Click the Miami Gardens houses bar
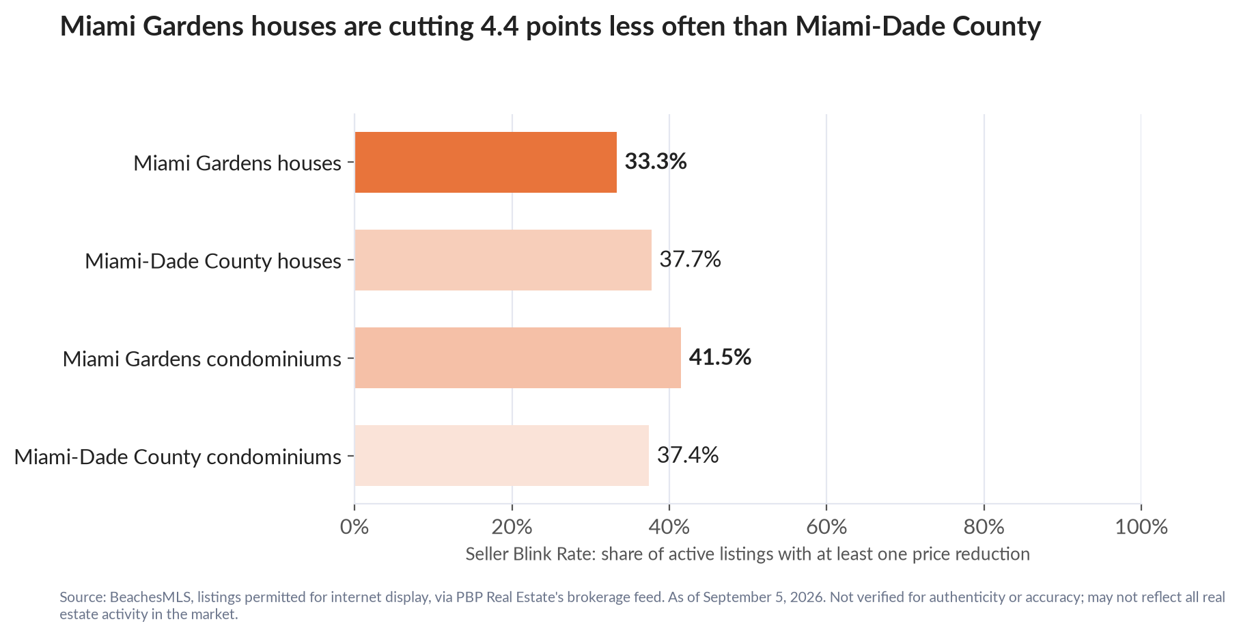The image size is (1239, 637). click(486, 162)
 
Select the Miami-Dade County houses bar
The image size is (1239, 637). click(503, 260)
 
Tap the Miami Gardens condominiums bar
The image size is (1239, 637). click(518, 357)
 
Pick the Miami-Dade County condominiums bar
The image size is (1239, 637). click(502, 455)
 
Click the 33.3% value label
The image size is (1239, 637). click(656, 162)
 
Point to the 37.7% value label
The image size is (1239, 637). click(690, 260)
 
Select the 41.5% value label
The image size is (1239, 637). click(720, 357)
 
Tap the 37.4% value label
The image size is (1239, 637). click(688, 455)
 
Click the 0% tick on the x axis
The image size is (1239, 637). click(354, 527)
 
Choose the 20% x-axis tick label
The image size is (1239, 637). click(512, 527)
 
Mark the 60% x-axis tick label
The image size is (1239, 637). click(826, 527)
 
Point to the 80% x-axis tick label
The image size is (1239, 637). click(984, 527)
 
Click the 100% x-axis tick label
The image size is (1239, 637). click(1141, 527)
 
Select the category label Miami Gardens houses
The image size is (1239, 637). click(237, 163)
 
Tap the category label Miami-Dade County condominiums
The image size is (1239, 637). click(178, 457)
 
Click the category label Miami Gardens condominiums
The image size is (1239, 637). click(201, 359)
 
